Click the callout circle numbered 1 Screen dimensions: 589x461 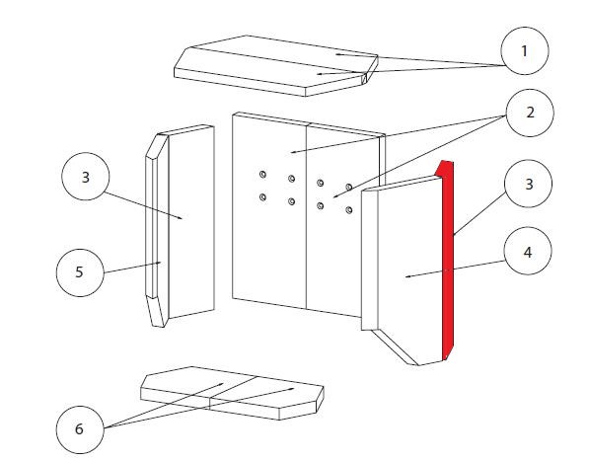(525, 50)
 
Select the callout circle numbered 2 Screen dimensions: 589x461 (530, 113)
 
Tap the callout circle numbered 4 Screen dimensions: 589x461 (528, 251)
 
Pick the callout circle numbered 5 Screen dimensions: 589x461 (80, 272)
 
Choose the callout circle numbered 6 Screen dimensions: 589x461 (80, 429)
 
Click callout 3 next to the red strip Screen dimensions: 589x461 (529, 184)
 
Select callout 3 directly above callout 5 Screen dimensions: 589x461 (86, 177)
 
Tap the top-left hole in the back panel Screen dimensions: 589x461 (263, 175)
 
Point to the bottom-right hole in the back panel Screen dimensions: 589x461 (349, 210)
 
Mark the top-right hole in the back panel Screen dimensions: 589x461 (349, 188)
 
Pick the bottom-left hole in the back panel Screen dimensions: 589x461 (263, 196)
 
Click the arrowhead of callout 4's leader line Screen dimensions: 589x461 (407, 277)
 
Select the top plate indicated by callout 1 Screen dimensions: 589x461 (276, 66)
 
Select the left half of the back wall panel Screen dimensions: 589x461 (269, 210)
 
